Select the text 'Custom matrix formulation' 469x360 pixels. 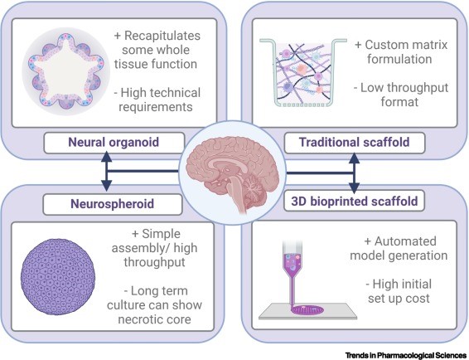[x=399, y=51]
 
